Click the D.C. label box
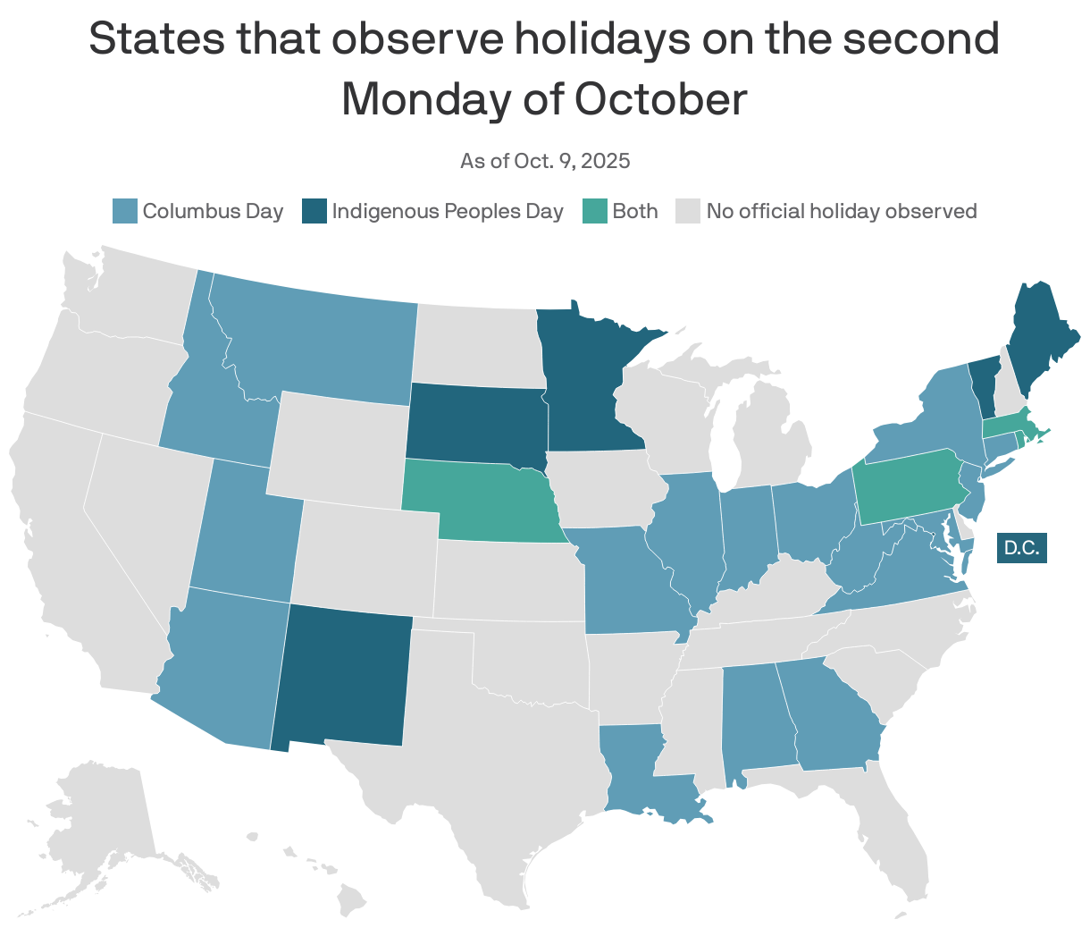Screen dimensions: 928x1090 (1021, 547)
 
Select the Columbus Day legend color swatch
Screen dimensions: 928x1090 (125, 212)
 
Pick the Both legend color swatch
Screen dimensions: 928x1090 (595, 212)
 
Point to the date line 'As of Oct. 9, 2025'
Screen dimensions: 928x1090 (545, 161)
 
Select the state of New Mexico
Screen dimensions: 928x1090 (344, 675)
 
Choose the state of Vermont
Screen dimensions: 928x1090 (984, 384)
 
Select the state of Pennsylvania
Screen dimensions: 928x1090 (907, 487)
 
